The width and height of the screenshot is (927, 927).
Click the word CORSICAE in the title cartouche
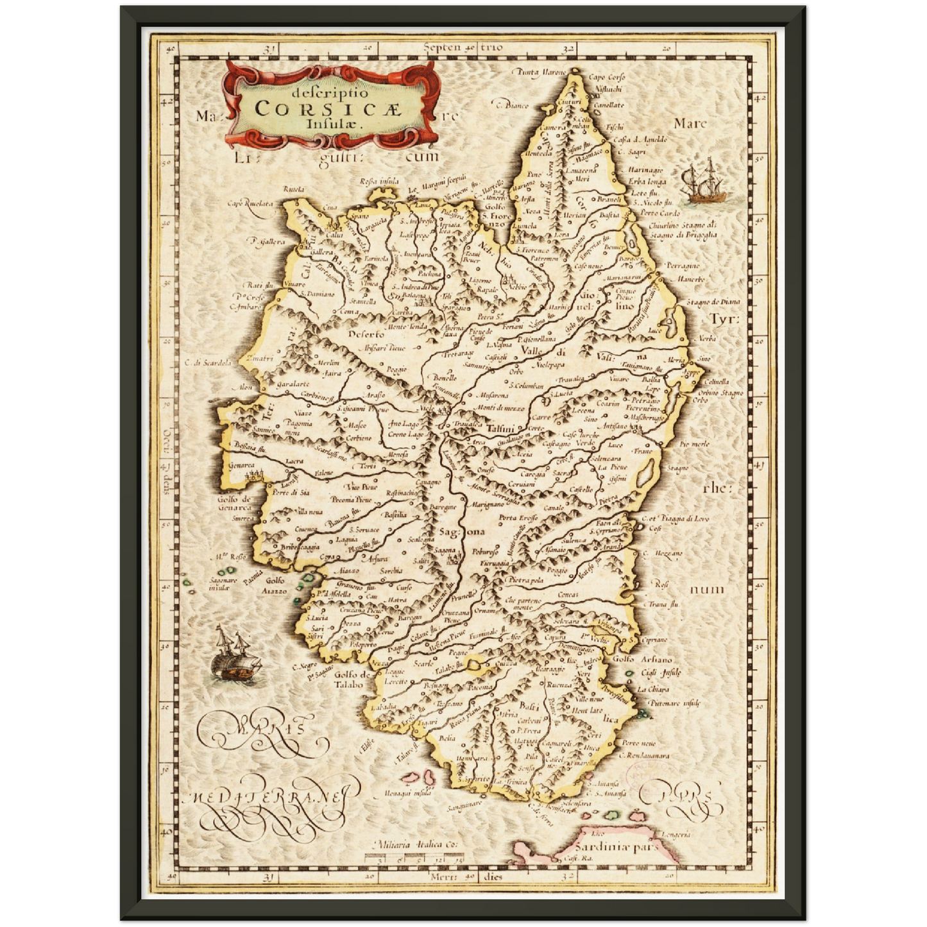click(x=327, y=108)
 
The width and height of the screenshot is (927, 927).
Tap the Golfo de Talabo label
click(x=353, y=679)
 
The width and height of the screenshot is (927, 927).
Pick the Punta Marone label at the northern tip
click(x=539, y=72)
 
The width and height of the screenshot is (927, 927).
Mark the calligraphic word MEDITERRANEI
click(x=269, y=798)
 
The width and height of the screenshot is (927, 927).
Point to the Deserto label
click(x=366, y=334)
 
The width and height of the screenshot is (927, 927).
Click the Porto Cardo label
click(x=659, y=212)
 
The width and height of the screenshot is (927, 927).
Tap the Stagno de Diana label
click(x=713, y=302)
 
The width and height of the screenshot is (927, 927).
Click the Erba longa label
click(x=647, y=182)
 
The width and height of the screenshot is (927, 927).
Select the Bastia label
click(x=609, y=216)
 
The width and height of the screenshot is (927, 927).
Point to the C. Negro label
click(x=305, y=667)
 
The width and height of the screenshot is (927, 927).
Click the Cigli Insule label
click(x=661, y=673)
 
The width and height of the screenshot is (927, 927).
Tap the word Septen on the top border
click(x=443, y=47)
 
